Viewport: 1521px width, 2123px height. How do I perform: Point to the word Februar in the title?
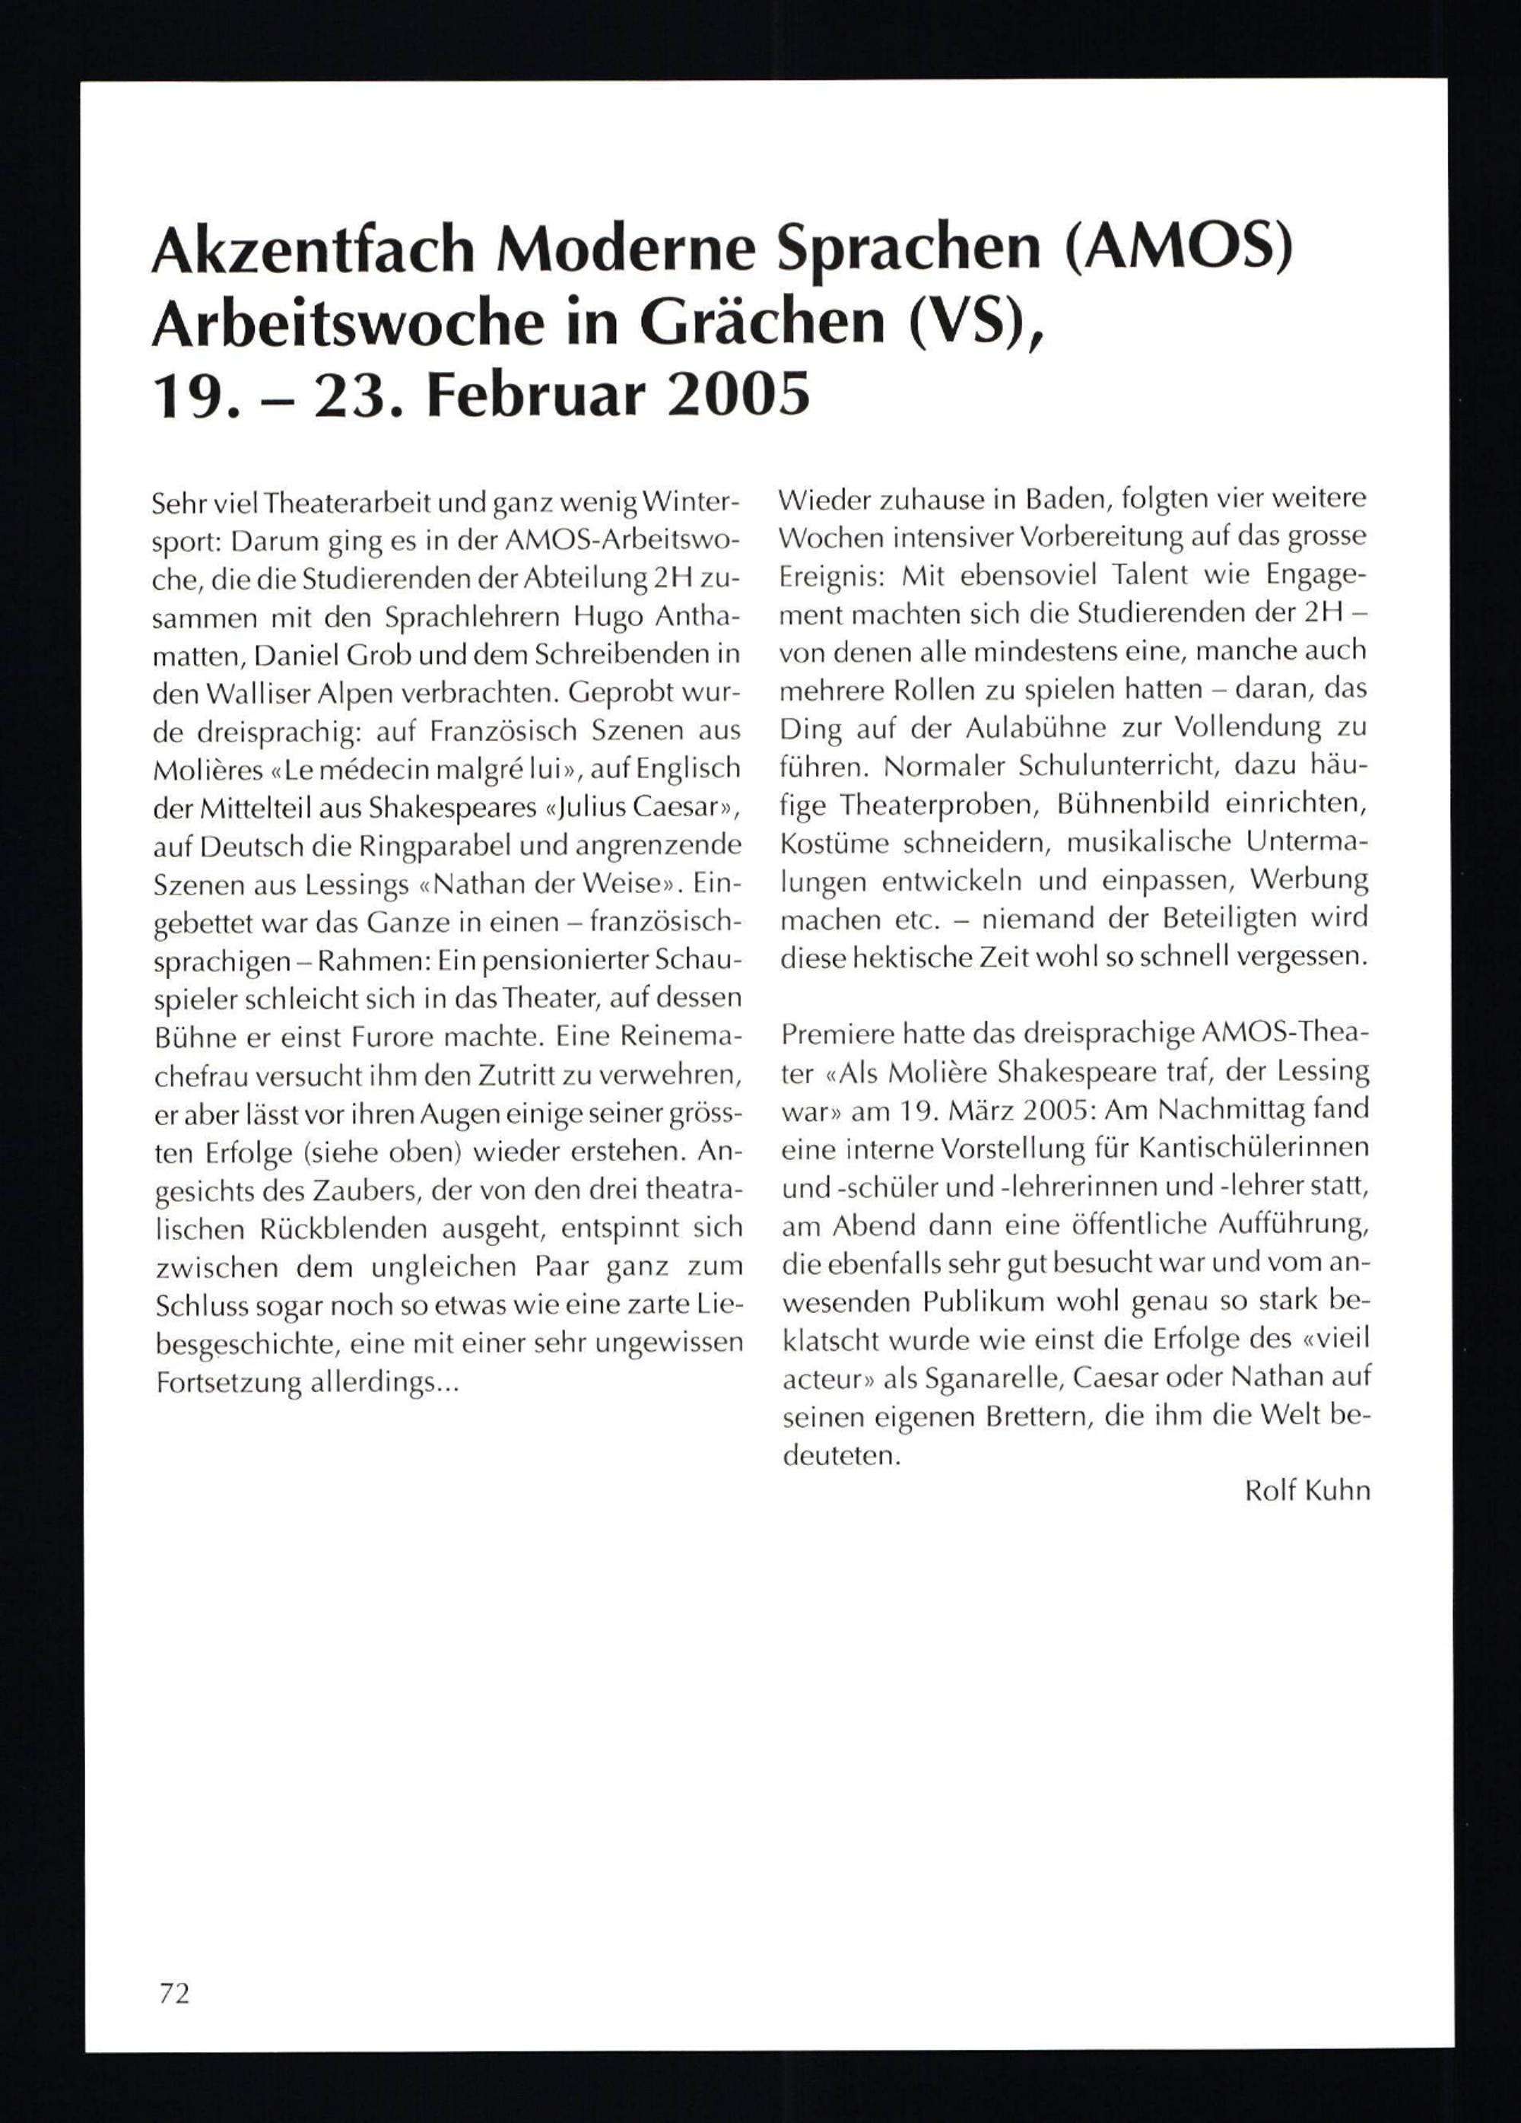coord(541,393)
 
